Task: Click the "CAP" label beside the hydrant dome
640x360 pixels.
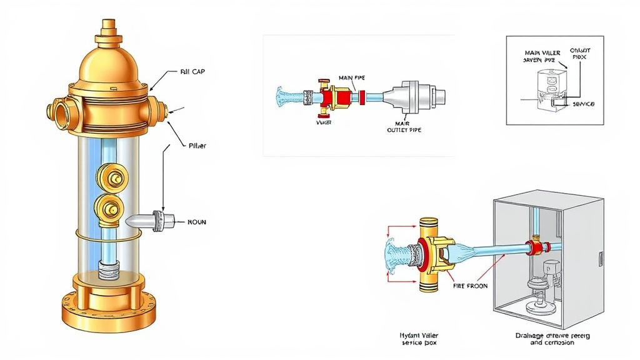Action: [x=192, y=72]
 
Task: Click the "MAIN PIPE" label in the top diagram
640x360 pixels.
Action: [x=351, y=78]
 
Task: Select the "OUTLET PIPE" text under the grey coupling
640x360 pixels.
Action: [x=406, y=131]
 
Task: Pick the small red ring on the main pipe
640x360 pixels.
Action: [x=361, y=97]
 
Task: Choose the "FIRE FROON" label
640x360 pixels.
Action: [x=469, y=286]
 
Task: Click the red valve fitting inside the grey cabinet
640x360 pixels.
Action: [x=534, y=246]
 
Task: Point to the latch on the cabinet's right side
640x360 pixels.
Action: [x=601, y=257]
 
